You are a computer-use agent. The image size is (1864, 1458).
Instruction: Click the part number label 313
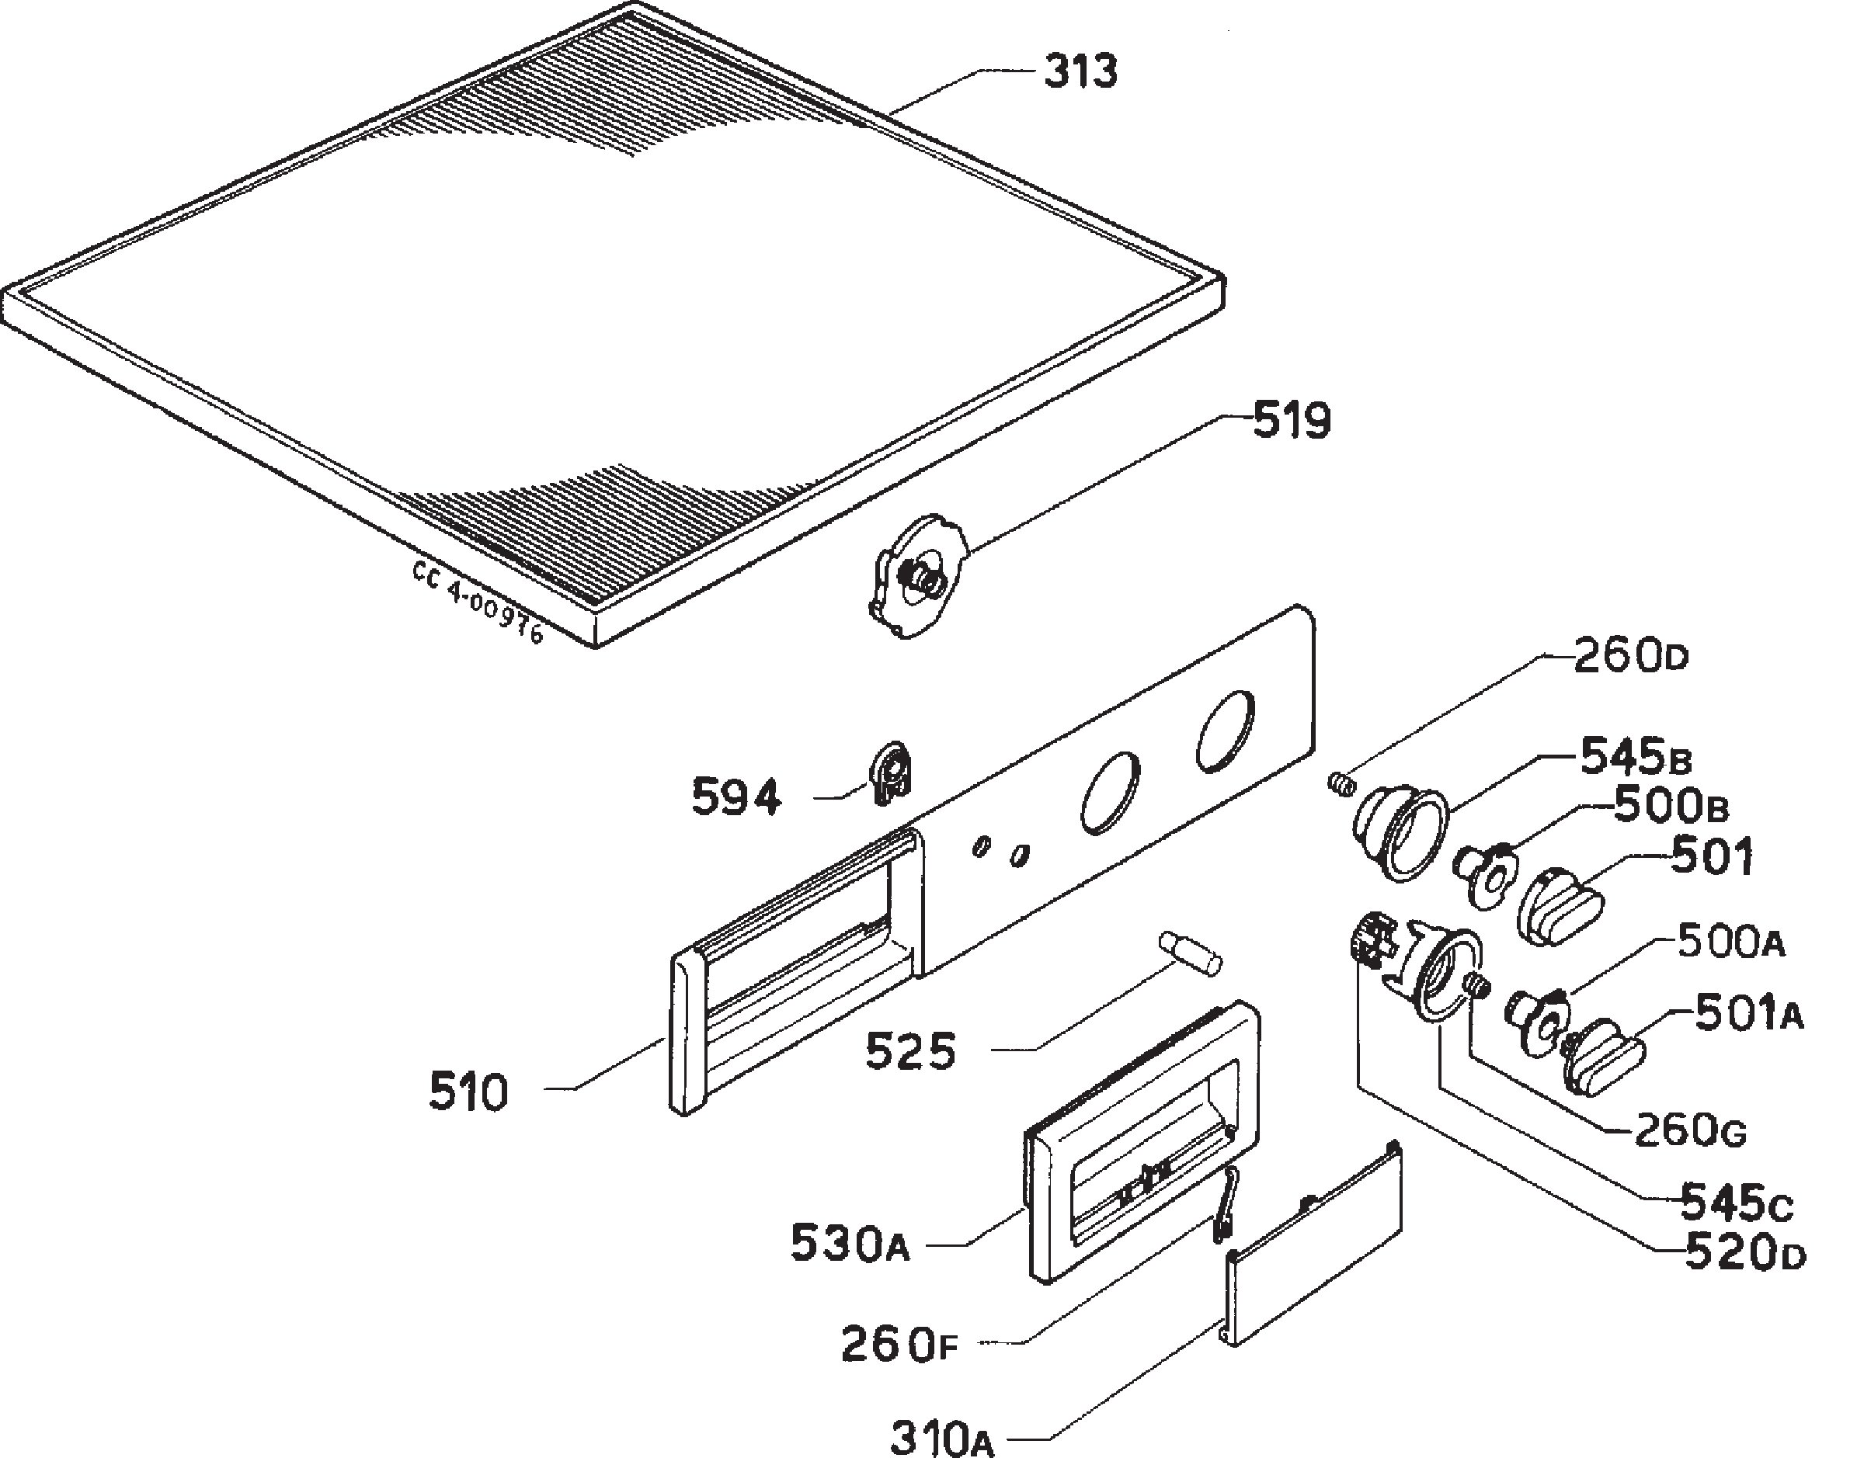click(x=1080, y=71)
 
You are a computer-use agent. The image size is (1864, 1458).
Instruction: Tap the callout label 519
click(x=1292, y=421)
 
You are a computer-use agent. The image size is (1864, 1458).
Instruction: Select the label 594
click(x=736, y=799)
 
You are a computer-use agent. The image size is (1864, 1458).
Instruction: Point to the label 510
click(x=468, y=1092)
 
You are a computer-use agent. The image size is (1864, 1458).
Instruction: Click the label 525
click(x=910, y=1052)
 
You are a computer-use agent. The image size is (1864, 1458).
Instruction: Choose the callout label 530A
click(x=850, y=1243)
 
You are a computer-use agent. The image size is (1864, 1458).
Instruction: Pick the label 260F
click(x=900, y=1345)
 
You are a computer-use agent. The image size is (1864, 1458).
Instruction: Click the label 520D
click(x=1745, y=1253)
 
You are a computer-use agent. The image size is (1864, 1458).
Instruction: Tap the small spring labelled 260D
click(x=1341, y=782)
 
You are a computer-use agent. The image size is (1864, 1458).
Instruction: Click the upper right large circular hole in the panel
click(x=1226, y=727)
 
